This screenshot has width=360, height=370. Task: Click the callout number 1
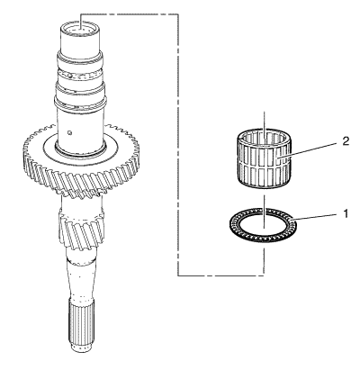click(346, 214)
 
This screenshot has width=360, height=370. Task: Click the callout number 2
click(346, 141)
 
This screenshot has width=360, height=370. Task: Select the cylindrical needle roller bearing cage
click(264, 158)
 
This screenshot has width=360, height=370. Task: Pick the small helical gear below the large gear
click(82, 228)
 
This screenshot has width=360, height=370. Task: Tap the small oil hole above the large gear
click(69, 132)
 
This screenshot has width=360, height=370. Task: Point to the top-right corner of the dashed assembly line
click(178, 14)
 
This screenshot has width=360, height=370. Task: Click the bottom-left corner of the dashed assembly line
click(178, 275)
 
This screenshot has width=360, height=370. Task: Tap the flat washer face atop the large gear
click(81, 148)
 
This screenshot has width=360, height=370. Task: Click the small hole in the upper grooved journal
click(69, 77)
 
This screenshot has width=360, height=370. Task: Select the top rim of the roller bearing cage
click(264, 138)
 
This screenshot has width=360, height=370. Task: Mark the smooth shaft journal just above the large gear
click(81, 128)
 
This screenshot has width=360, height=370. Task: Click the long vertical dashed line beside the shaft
click(178, 144)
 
